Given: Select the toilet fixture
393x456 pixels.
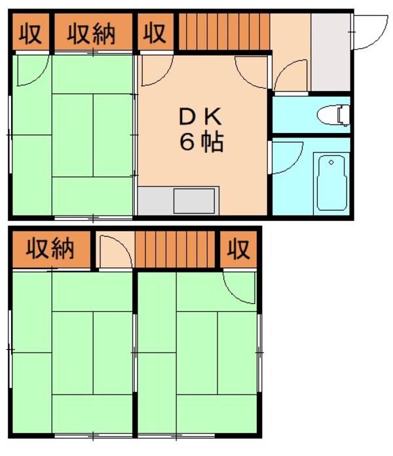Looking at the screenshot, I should [x=333, y=115].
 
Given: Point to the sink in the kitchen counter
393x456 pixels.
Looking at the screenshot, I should [x=195, y=199].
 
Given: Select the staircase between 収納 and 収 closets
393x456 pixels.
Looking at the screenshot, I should [x=178, y=249].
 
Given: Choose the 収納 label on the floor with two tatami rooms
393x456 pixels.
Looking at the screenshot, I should [x=50, y=249].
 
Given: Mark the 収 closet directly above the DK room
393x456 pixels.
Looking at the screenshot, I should [x=155, y=33].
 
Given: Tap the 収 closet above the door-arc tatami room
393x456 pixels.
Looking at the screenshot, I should [x=238, y=249].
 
